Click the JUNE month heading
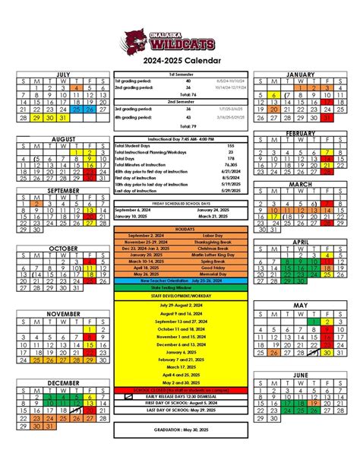coord(299,376)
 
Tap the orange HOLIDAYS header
coord(180,229)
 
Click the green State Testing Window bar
coord(180,287)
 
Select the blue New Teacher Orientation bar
coord(180,281)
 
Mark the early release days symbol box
coord(127,396)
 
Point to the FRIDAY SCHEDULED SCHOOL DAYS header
coord(180,204)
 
